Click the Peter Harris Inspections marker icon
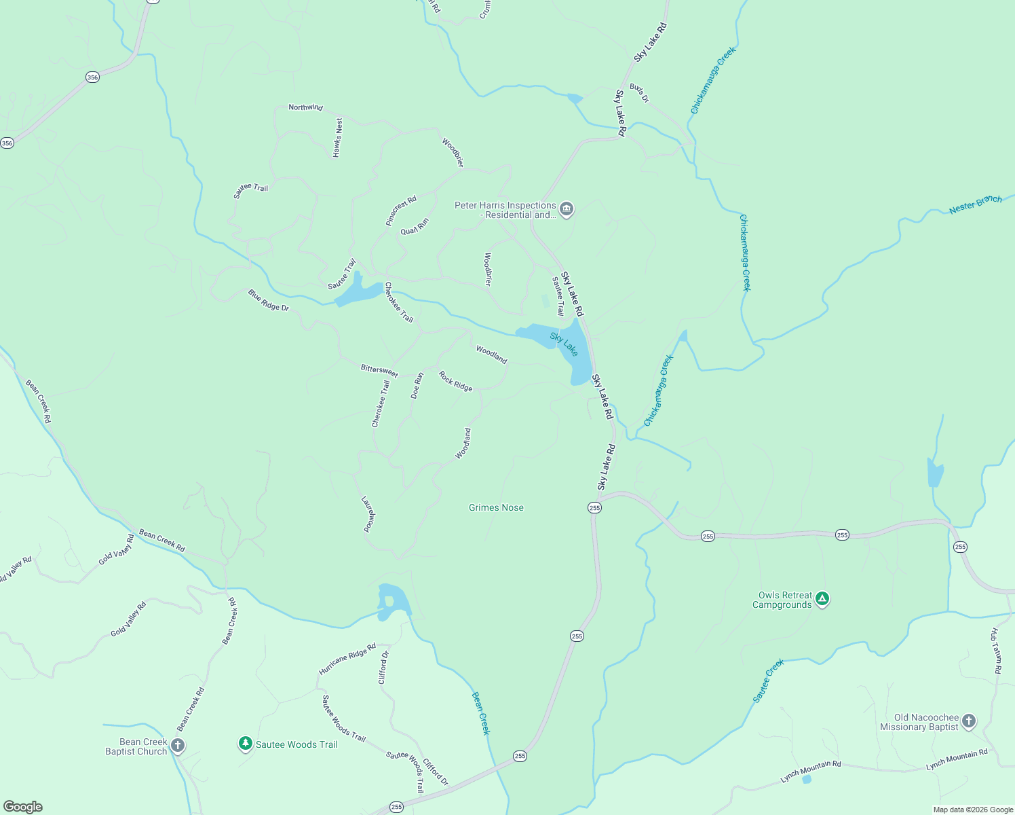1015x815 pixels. (x=567, y=209)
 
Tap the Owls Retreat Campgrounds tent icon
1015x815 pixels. (x=822, y=599)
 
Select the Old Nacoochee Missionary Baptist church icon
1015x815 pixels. (x=968, y=721)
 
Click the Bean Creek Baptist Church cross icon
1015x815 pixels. (x=178, y=746)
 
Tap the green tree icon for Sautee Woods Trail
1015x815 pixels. (x=246, y=744)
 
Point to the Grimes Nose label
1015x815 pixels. (x=496, y=508)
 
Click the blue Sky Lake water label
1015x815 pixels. (x=564, y=344)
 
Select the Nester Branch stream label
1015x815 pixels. (x=975, y=204)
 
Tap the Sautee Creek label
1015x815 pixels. (x=768, y=681)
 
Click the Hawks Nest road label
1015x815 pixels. (x=338, y=138)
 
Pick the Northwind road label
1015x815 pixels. (x=305, y=107)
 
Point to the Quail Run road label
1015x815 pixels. (x=415, y=226)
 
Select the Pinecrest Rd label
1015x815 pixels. (x=401, y=211)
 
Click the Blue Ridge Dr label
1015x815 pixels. (x=268, y=300)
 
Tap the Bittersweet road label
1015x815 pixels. (x=379, y=370)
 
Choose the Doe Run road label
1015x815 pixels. (x=417, y=385)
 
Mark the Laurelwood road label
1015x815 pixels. (x=368, y=514)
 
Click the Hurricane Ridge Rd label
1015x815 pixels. (x=347, y=659)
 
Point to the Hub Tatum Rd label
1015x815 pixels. (x=996, y=651)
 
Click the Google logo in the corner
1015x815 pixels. (x=23, y=807)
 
